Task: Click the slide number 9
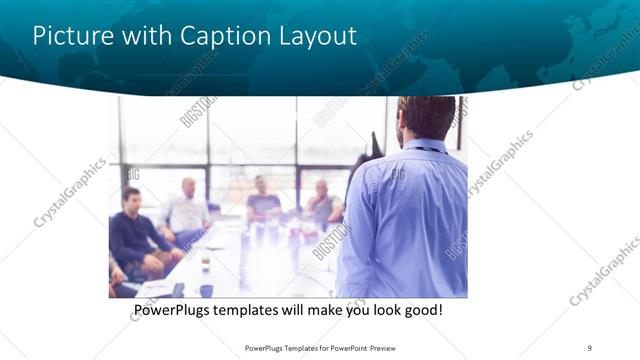(x=590, y=347)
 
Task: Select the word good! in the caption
(x=420, y=311)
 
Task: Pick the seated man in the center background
(x=263, y=200)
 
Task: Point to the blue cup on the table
(x=206, y=291)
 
